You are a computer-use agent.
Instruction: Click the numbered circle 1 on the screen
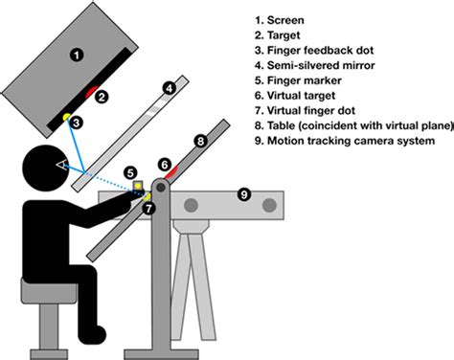76,54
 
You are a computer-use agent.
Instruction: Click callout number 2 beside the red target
102,96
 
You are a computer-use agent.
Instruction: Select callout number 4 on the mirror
169,89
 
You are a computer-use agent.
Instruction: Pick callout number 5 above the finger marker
128,172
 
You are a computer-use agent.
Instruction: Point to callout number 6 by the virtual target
164,164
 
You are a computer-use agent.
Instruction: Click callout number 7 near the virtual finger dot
147,208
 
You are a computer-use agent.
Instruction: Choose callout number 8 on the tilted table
201,141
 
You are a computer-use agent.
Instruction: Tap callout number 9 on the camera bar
243,195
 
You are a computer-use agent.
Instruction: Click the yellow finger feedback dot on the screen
66,117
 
